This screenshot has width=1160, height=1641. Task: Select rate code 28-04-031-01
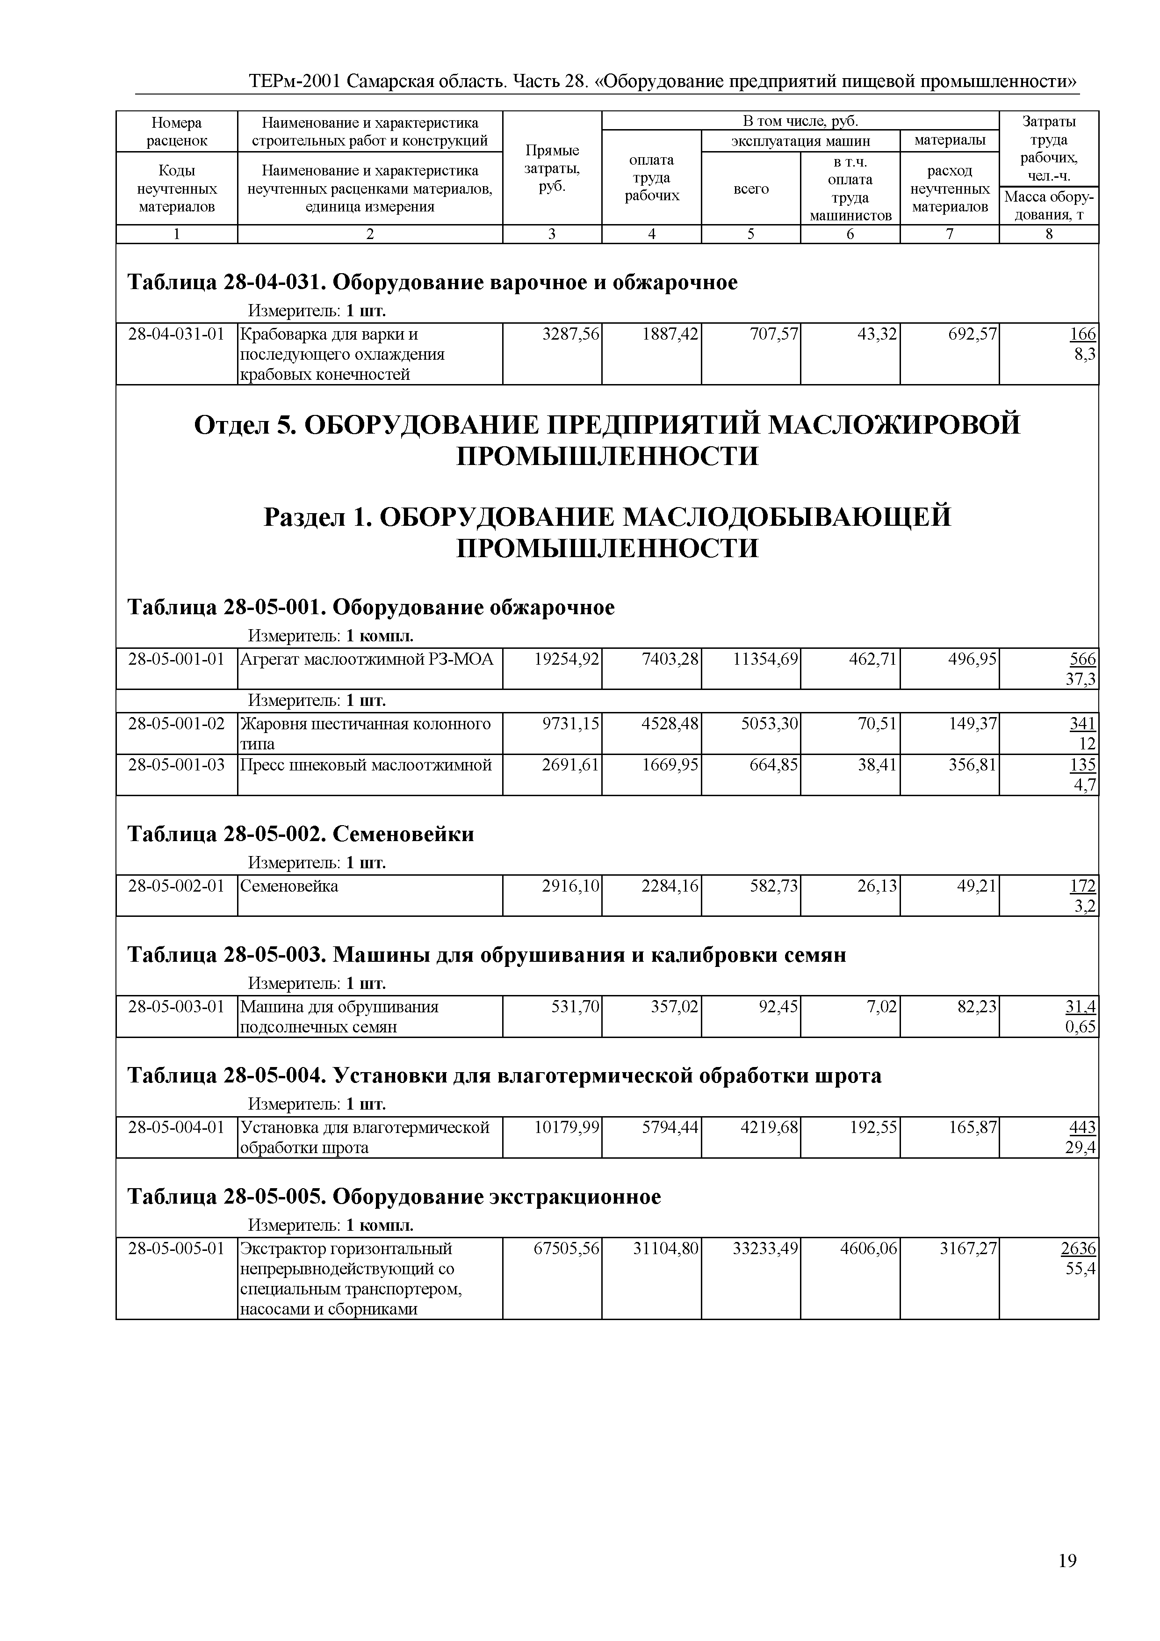coord(176,334)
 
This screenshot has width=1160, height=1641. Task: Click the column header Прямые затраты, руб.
coord(551,168)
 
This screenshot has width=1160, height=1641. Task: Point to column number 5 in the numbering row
coord(751,234)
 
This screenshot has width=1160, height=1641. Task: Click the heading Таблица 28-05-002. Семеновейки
coord(300,834)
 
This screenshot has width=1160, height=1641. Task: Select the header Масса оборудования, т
coord(1049,206)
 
